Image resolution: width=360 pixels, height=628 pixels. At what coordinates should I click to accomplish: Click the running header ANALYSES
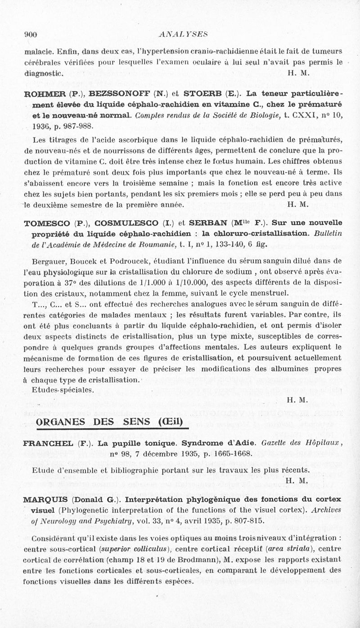point(180,34)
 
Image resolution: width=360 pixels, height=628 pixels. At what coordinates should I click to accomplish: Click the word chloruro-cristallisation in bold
point(255,233)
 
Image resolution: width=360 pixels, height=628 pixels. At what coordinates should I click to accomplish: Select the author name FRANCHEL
point(48,443)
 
